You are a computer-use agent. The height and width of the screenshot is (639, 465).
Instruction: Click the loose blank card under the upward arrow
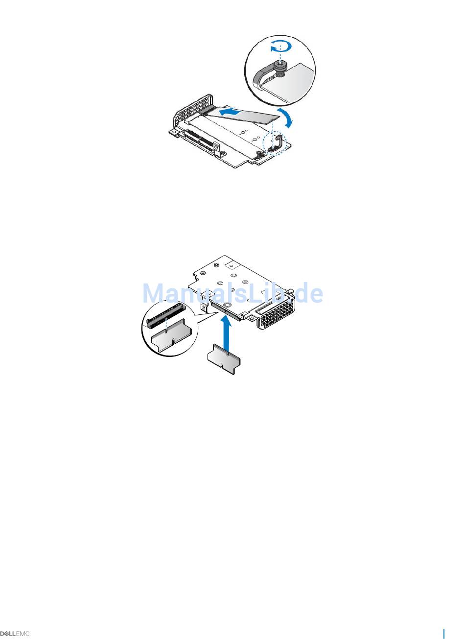coord(223,360)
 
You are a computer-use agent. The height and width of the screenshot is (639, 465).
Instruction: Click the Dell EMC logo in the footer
coord(15,634)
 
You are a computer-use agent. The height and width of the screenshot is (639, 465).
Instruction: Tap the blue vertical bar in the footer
coord(444,633)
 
